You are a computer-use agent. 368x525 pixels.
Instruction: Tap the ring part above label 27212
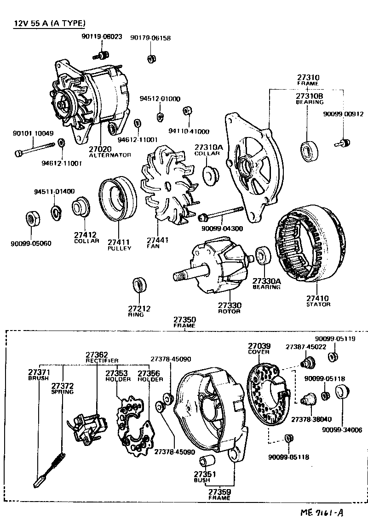(x=139, y=285)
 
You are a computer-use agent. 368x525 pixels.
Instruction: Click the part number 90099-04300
(x=222, y=228)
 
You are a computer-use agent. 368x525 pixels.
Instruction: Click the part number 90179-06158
(x=150, y=38)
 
